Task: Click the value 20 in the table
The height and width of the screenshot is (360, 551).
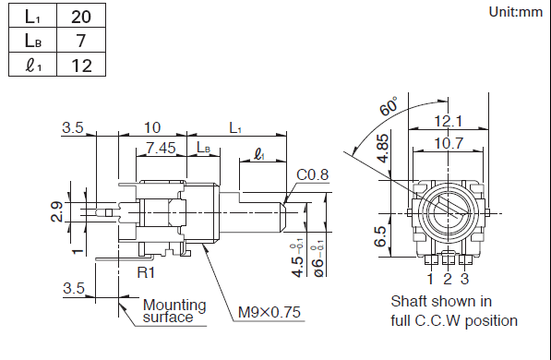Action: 81,17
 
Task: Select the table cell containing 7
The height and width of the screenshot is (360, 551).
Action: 81,40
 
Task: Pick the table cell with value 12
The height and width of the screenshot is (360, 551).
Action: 81,65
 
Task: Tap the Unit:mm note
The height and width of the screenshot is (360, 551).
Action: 516,12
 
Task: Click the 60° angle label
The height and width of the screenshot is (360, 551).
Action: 389,105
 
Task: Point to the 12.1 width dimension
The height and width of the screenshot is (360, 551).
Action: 448,121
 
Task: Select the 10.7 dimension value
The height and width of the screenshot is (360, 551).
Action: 449,143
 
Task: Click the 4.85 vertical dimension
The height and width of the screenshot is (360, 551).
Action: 383,148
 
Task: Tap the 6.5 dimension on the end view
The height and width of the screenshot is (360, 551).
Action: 380,236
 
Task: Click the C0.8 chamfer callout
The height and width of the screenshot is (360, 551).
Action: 312,174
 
